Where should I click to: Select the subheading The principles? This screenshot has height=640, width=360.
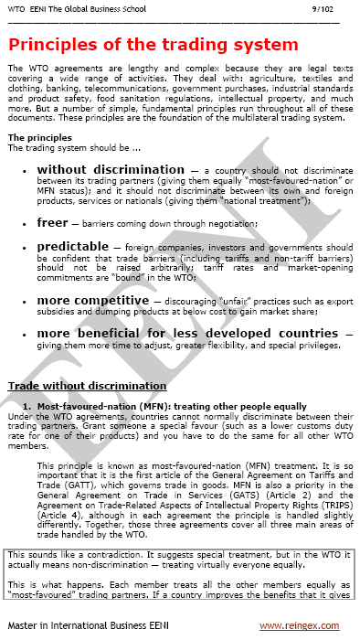[x=39, y=137]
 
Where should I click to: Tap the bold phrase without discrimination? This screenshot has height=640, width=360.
[x=111, y=170]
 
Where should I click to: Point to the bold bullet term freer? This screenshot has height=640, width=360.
[x=52, y=222]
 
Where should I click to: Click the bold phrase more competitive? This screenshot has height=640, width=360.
[x=91, y=300]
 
